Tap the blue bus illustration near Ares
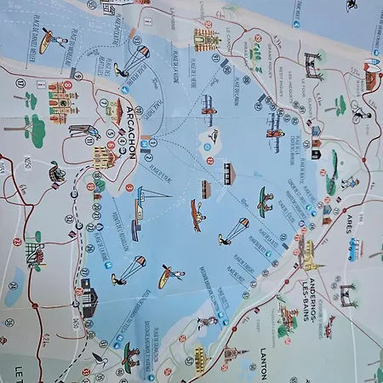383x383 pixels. (x=353, y=250)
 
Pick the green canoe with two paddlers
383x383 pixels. (x=266, y=202)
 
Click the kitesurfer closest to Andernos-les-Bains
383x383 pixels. (x=233, y=230)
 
